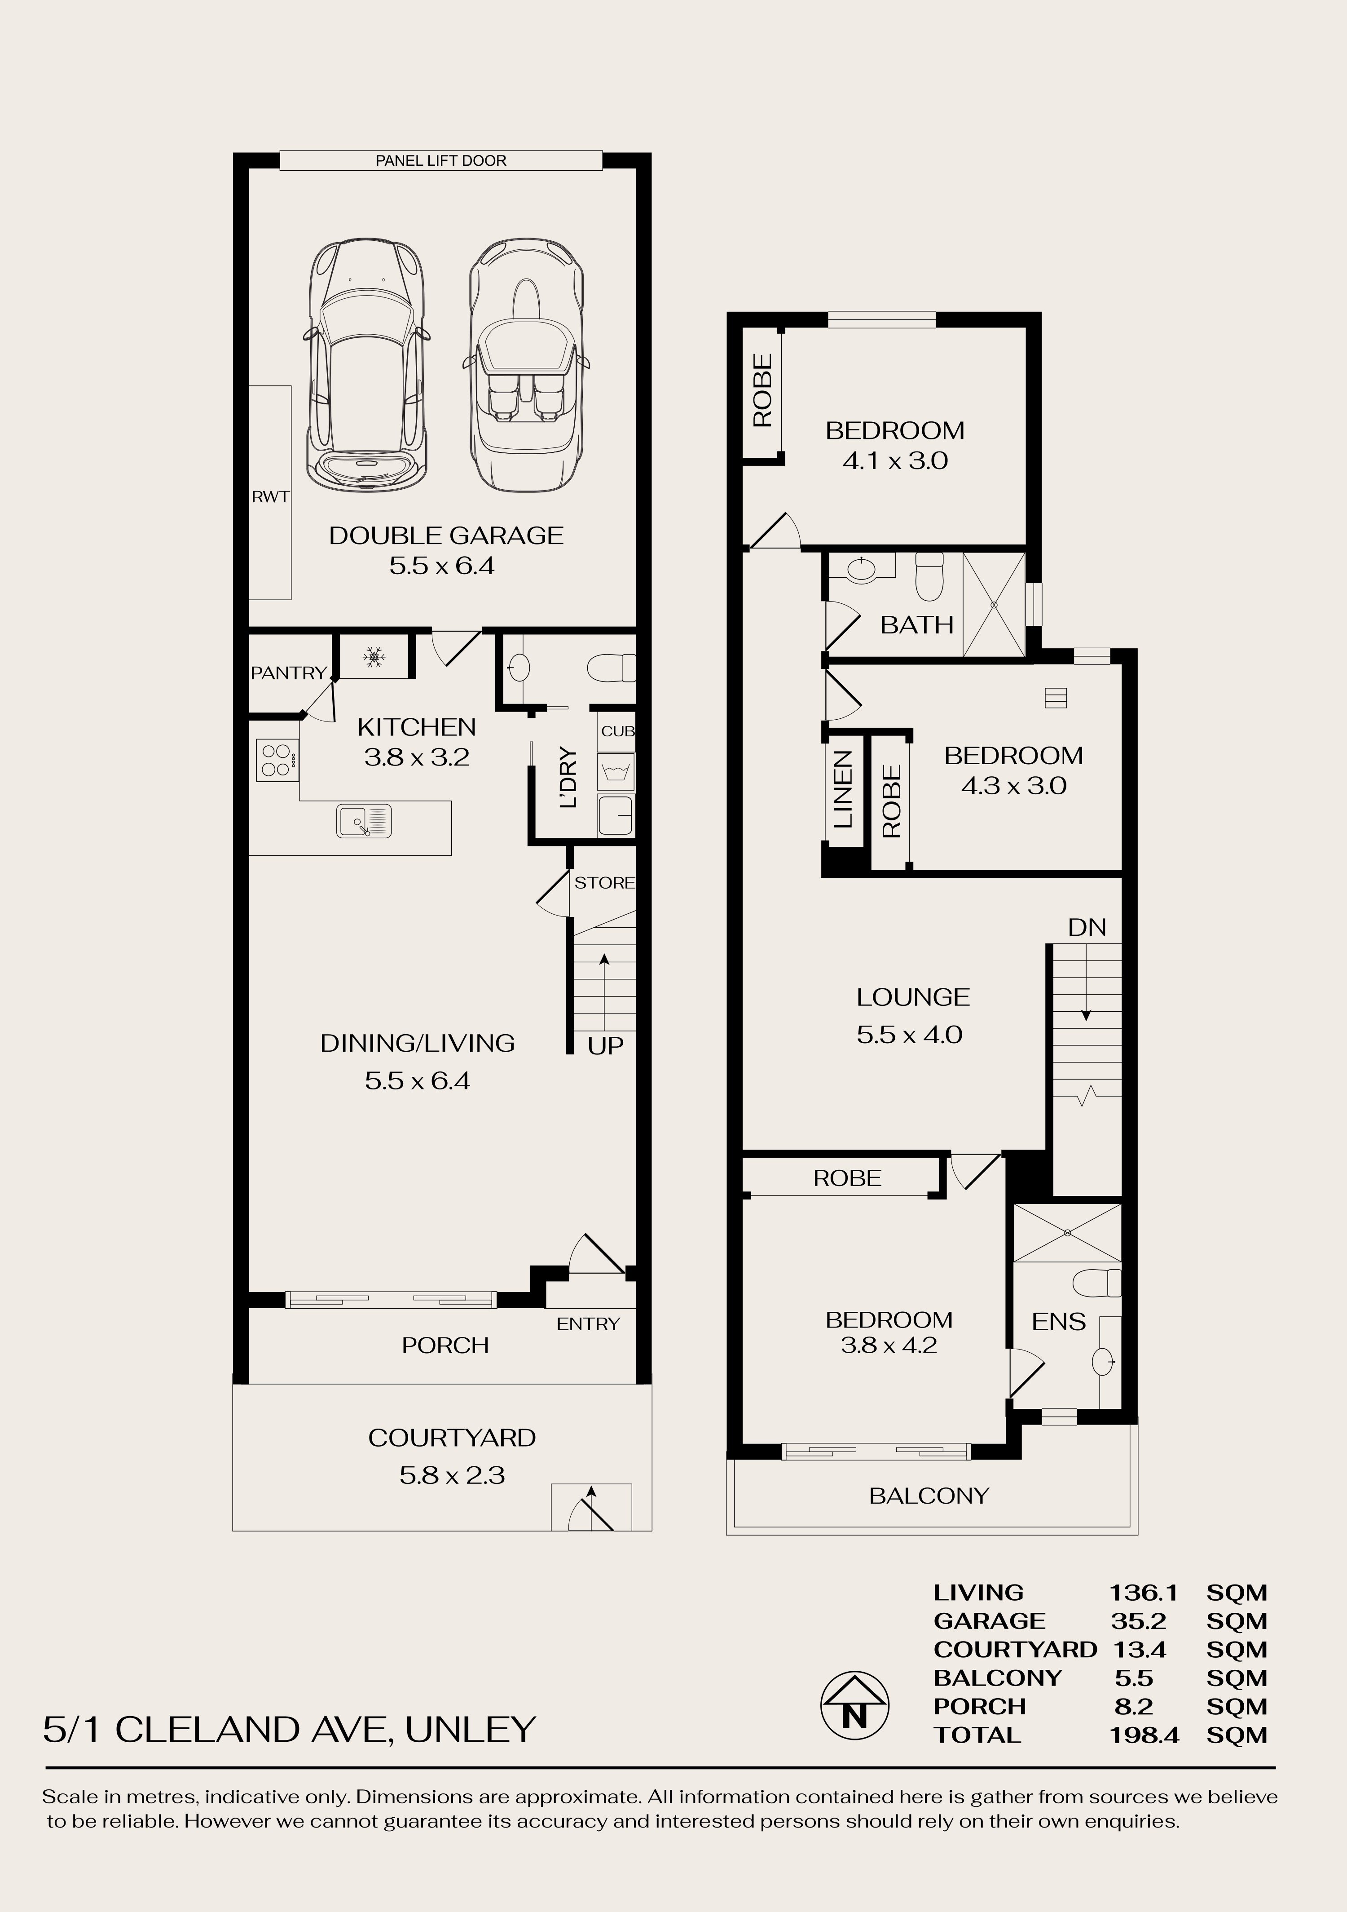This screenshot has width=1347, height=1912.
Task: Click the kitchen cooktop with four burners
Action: tap(277, 760)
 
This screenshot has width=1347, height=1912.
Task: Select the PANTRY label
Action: tap(289, 673)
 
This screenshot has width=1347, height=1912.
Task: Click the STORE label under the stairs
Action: tap(604, 883)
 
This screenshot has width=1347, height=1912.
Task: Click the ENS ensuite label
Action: tap(1059, 1322)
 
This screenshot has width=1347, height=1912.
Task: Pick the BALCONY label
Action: tap(929, 1496)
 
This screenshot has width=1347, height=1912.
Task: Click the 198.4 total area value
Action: tap(1145, 1735)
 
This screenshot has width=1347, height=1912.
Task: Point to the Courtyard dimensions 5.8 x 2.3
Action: tap(452, 1476)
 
